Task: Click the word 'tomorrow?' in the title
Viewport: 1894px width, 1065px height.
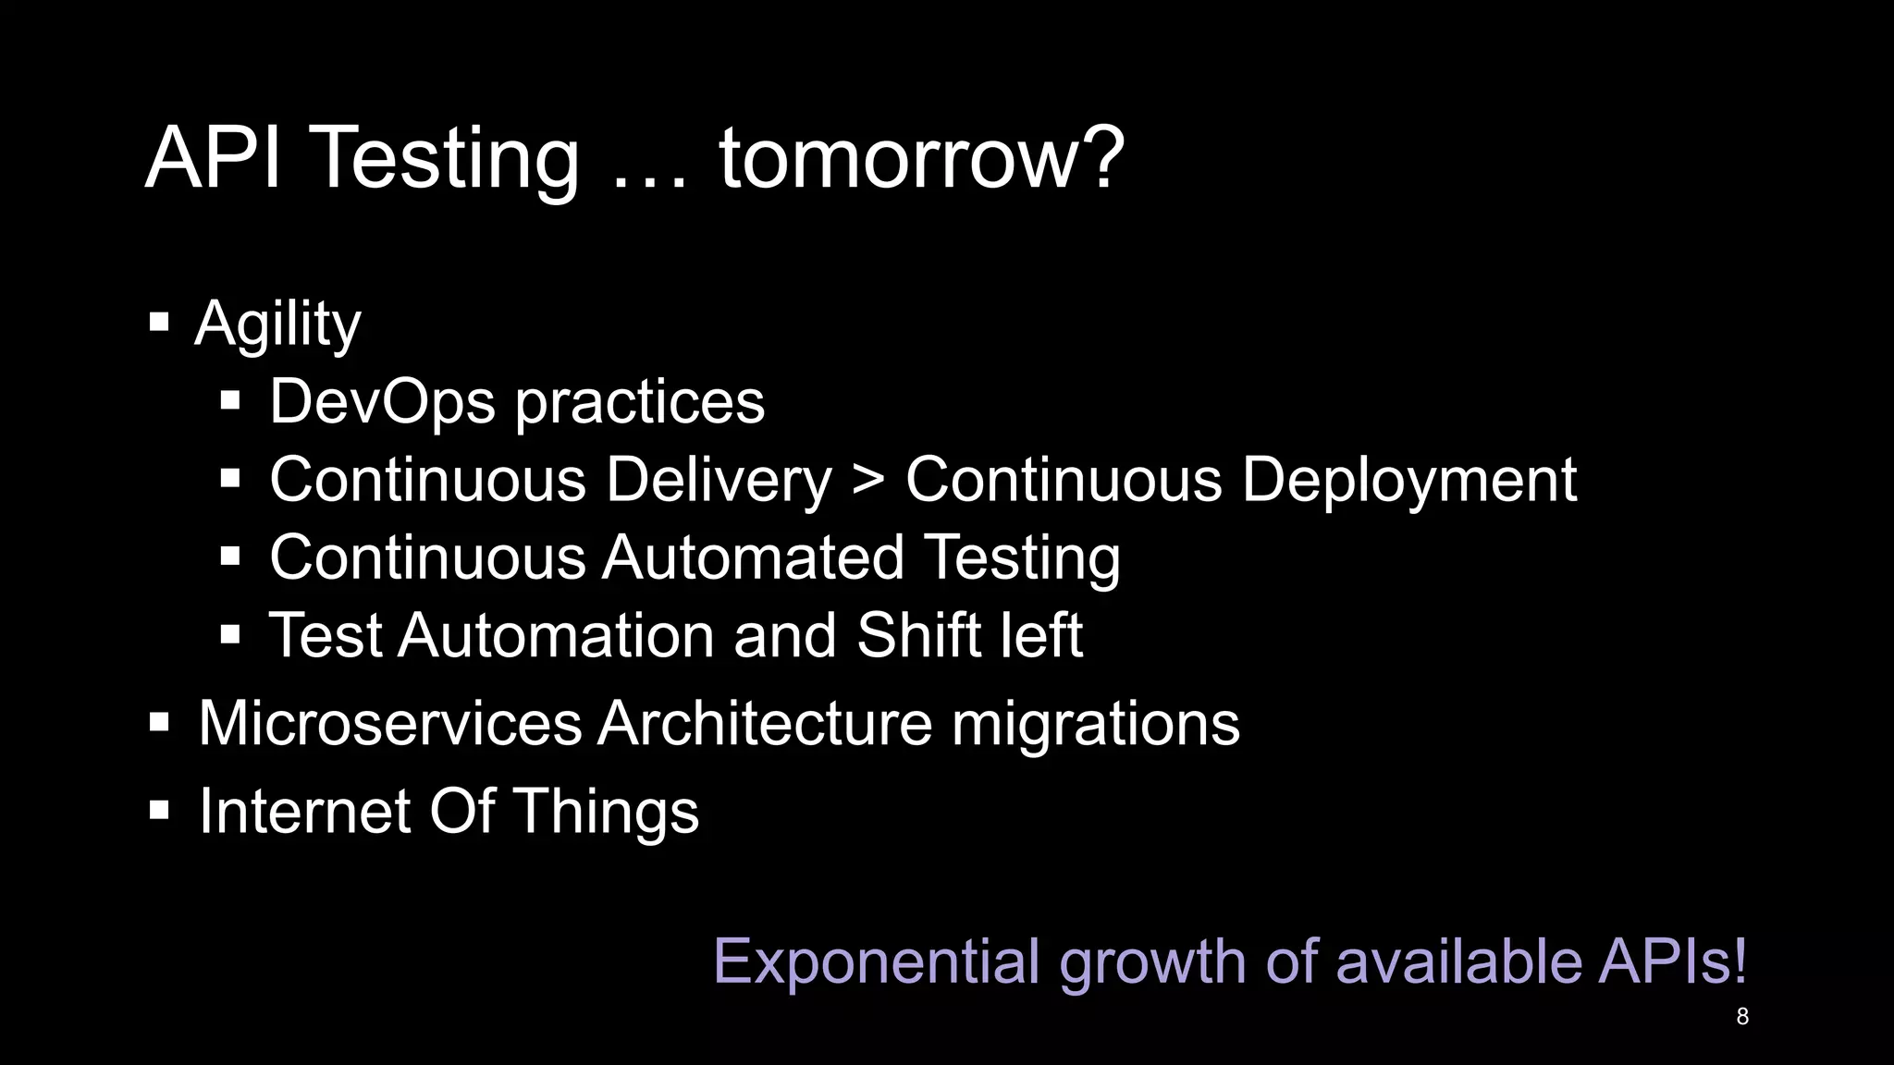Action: pyautogui.click(x=921, y=159)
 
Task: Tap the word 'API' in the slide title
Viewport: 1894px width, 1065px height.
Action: pyautogui.click(x=213, y=159)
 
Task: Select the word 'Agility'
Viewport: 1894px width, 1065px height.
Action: pyautogui.click(x=277, y=325)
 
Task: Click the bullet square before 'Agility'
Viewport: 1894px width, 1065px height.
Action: pyautogui.click(x=159, y=323)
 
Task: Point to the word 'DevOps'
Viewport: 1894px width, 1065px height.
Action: pyautogui.click(x=382, y=402)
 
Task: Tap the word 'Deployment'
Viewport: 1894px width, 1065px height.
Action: pyautogui.click(x=1408, y=481)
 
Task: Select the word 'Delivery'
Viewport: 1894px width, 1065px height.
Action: pyautogui.click(x=719, y=481)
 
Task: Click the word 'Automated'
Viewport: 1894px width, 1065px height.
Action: pyautogui.click(x=753, y=558)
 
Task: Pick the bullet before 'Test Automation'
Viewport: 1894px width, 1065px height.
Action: pyautogui.click(x=230, y=634)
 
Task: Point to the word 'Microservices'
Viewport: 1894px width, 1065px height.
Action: pyautogui.click(x=389, y=723)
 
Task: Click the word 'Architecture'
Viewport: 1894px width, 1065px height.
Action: pyautogui.click(x=765, y=723)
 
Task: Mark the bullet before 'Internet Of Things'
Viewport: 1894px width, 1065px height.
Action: pyautogui.click(x=159, y=811)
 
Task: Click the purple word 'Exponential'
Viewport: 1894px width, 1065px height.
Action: pyautogui.click(x=877, y=962)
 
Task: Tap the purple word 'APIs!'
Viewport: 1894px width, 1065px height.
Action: pyautogui.click(x=1672, y=961)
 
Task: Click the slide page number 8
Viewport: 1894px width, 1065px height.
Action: pyautogui.click(x=1742, y=1017)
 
